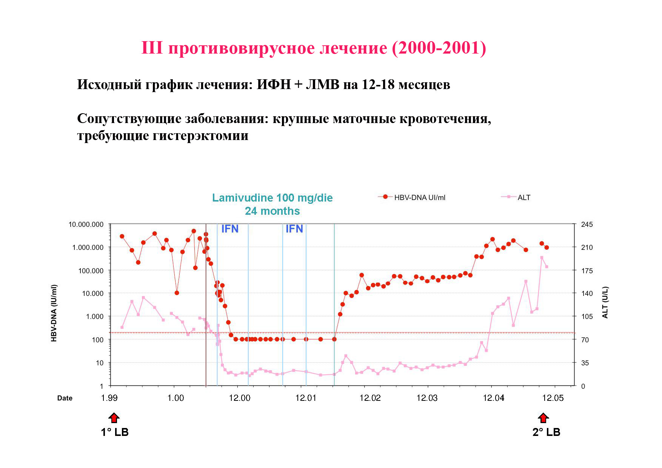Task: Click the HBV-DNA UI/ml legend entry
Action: tap(419, 197)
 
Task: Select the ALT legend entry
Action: tap(523, 197)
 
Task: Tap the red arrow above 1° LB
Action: tap(114, 418)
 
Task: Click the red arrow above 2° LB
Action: tap(543, 418)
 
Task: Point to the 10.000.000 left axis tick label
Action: tap(86, 225)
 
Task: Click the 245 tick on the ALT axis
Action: tap(587, 225)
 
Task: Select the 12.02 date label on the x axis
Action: tap(370, 398)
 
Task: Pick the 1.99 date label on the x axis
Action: tap(109, 398)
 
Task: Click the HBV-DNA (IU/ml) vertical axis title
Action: tap(54, 313)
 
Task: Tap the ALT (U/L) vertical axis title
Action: tap(605, 302)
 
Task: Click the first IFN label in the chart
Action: tap(229, 229)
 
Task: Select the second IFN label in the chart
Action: tap(294, 229)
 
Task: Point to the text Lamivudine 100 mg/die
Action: tap(272, 198)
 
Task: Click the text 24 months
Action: tap(272, 211)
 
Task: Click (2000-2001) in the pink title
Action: tap(439, 48)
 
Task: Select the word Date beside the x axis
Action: tap(65, 398)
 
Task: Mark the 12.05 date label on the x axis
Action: tap(553, 398)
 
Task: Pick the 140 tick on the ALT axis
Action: tap(587, 293)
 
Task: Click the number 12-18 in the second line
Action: tap(378, 85)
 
